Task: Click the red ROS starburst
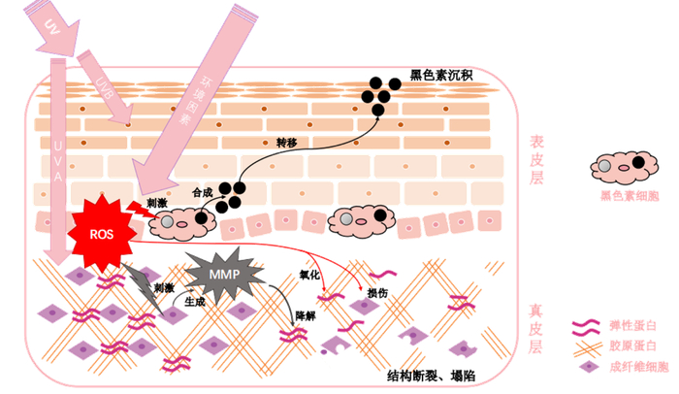(x=101, y=233)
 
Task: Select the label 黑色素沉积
(x=441, y=74)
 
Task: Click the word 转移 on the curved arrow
(x=288, y=142)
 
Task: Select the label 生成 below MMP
(x=194, y=303)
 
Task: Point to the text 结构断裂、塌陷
(x=430, y=374)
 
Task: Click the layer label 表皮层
(x=535, y=160)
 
